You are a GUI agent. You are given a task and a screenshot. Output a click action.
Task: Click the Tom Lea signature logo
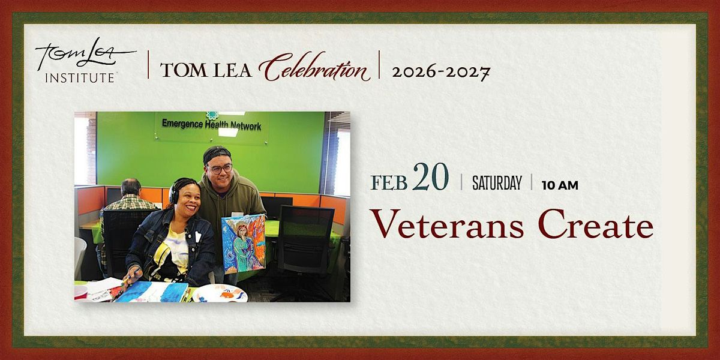point(85,53)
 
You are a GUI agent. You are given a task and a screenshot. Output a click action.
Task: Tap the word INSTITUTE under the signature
point(80,78)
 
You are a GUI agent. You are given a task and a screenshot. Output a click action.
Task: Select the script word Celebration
point(314,67)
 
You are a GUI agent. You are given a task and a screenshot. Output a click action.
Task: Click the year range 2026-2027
point(440,72)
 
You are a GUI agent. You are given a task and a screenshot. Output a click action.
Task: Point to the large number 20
point(430,177)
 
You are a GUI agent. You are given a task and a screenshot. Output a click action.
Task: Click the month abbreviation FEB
point(389,183)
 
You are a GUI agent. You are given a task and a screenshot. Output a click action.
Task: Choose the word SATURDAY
point(497,183)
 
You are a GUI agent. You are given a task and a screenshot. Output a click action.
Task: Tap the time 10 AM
point(560,185)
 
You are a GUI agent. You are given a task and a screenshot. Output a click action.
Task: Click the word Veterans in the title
point(448,224)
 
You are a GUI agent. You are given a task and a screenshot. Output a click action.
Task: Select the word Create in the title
point(596,224)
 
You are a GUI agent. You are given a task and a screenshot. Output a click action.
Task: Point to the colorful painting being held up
point(244,244)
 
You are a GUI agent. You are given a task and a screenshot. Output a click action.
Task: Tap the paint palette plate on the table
point(220,293)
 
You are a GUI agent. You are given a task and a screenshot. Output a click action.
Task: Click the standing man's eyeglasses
point(220,169)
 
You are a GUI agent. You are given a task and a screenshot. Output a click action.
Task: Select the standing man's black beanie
point(217,154)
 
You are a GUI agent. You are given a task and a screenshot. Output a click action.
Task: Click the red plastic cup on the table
point(80,292)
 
